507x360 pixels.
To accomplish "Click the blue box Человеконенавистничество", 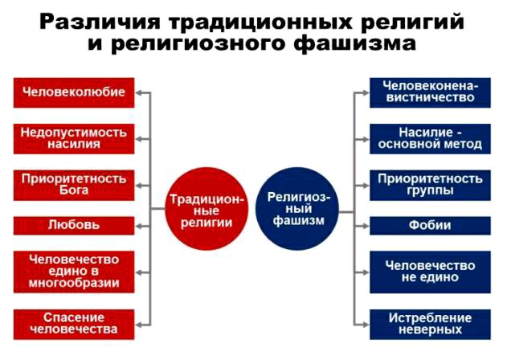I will click(430, 92).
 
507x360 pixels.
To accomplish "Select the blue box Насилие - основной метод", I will click(430, 138).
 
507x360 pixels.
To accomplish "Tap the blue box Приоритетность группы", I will click(430, 184).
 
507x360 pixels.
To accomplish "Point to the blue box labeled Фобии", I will click(430, 225).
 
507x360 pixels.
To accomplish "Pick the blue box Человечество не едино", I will click(430, 271).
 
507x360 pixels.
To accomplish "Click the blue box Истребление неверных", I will click(430, 322).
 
